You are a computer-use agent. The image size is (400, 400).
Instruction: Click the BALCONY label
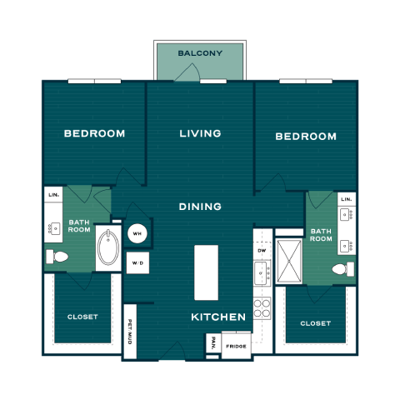click(x=200, y=53)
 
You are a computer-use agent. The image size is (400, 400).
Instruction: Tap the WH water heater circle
click(x=137, y=233)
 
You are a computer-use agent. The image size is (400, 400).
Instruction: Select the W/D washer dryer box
click(x=137, y=262)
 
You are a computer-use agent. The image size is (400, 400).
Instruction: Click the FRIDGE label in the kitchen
click(x=236, y=347)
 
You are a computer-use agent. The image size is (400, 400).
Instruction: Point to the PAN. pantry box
click(x=213, y=342)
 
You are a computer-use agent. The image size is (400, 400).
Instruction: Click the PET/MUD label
click(x=130, y=332)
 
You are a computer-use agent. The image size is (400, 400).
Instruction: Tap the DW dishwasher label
click(x=262, y=251)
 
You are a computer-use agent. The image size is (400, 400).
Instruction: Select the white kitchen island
click(x=206, y=272)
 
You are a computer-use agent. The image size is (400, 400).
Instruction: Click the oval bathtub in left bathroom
click(x=108, y=247)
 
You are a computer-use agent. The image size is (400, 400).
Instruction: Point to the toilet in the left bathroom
click(x=57, y=257)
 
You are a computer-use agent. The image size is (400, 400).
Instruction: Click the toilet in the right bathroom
click(x=343, y=269)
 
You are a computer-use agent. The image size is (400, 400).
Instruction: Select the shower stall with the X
click(x=289, y=262)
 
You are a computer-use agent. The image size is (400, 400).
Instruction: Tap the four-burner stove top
click(x=262, y=307)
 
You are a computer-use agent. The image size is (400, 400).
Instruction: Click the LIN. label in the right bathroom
click(x=347, y=199)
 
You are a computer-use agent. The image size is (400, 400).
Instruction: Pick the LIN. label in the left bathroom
click(x=53, y=195)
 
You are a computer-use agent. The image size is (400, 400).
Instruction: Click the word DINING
click(x=200, y=207)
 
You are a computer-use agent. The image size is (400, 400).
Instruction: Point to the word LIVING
click(x=200, y=133)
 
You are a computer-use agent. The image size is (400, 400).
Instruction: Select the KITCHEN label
click(x=218, y=317)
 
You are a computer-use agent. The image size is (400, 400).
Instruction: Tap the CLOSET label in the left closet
click(x=82, y=317)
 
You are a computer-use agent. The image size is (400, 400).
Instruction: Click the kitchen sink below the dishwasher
click(x=262, y=273)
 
